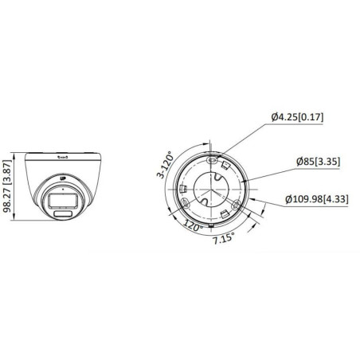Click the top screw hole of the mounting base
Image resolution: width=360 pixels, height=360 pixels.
coord(213,159)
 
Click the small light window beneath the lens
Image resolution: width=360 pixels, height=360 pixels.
coord(63,213)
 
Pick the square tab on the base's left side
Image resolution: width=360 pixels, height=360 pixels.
coord(183,190)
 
